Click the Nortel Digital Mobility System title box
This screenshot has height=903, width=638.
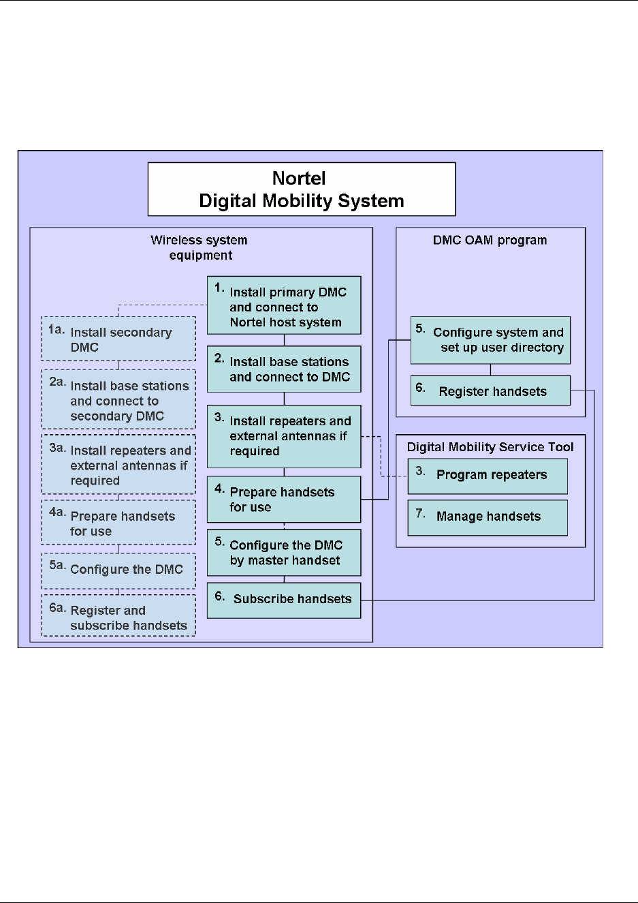pyautogui.click(x=301, y=189)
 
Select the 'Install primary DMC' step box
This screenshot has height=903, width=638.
pyautogui.click(x=284, y=306)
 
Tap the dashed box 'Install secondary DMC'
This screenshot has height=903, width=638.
pyautogui.click(x=118, y=339)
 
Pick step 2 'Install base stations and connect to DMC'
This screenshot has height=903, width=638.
pyautogui.click(x=284, y=369)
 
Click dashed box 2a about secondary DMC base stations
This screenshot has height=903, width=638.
pyautogui.click(x=118, y=400)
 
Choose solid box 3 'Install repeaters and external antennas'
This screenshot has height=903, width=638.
pyautogui.click(x=284, y=436)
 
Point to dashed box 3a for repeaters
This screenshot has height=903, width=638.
pyautogui.click(x=118, y=465)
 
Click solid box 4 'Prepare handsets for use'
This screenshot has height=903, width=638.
pyautogui.click(x=284, y=500)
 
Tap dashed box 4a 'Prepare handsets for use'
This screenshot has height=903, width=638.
pyautogui.click(x=118, y=523)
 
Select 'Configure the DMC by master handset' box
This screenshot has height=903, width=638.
pyautogui.click(x=284, y=553)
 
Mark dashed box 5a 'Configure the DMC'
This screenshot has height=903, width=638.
pyautogui.click(x=118, y=570)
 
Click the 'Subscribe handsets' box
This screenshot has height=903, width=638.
pyautogui.click(x=284, y=600)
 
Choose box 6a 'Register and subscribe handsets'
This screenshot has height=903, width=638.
pyautogui.click(x=118, y=617)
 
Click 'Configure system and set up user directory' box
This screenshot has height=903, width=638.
pyautogui.click(x=490, y=340)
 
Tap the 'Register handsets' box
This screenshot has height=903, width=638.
pyautogui.click(x=490, y=391)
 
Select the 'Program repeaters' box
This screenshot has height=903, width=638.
pyautogui.click(x=488, y=476)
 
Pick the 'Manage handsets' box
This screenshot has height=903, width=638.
pyautogui.click(x=488, y=517)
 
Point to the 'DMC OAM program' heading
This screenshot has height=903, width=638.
pyautogui.click(x=490, y=240)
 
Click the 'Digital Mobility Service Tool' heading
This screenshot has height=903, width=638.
pyautogui.click(x=490, y=447)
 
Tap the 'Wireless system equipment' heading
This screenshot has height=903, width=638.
pyautogui.click(x=200, y=247)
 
